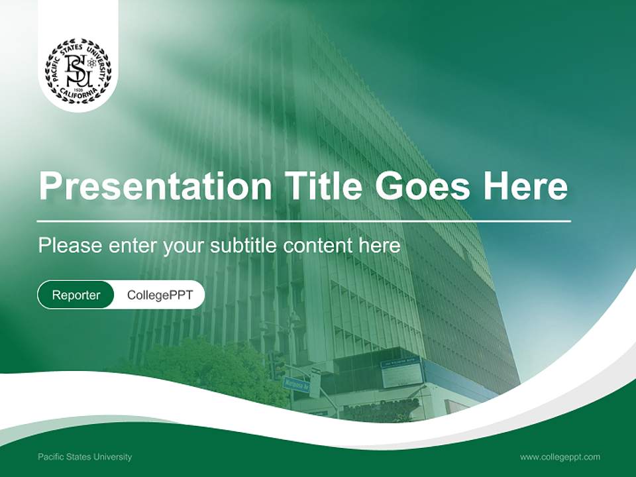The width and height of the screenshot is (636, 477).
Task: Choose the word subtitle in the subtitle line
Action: (x=244, y=246)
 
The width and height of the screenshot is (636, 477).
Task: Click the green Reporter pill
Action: (x=76, y=295)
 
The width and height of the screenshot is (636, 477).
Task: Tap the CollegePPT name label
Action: (x=160, y=295)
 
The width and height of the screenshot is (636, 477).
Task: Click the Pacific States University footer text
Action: (x=85, y=456)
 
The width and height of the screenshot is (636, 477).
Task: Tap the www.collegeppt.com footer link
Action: (x=560, y=456)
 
